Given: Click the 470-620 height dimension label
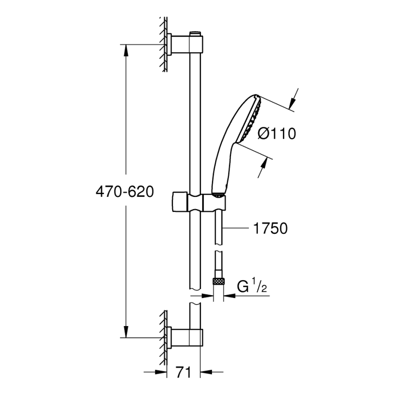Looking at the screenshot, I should (124, 191).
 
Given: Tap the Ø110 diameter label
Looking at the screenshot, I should (277, 134).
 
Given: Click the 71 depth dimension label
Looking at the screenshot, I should (183, 373).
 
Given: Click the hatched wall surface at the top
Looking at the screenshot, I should (164, 44).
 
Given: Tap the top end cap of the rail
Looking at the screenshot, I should (196, 34).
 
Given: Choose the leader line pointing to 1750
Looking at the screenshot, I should (236, 229).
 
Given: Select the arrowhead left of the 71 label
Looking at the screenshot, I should (161, 372).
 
